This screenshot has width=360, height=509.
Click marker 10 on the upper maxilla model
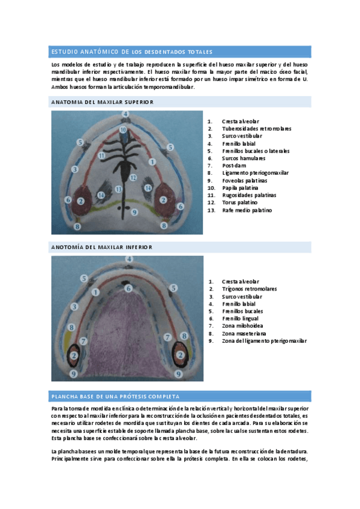122,129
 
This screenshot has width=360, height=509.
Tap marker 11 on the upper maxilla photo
102,156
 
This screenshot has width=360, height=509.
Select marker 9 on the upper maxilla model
134,212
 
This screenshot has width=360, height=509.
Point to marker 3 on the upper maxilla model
74,170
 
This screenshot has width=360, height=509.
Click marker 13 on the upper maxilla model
119,189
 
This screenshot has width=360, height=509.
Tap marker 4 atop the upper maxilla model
125,113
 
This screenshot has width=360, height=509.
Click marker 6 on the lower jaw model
128,289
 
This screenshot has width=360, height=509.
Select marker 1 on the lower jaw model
95,292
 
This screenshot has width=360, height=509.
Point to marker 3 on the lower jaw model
74,307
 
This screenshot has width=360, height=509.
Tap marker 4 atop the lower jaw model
128,259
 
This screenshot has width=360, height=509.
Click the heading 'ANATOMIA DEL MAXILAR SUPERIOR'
103,102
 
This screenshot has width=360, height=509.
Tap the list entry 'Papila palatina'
240,188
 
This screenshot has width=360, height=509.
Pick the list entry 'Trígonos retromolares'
249,289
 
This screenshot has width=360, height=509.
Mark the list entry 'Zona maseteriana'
244,333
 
